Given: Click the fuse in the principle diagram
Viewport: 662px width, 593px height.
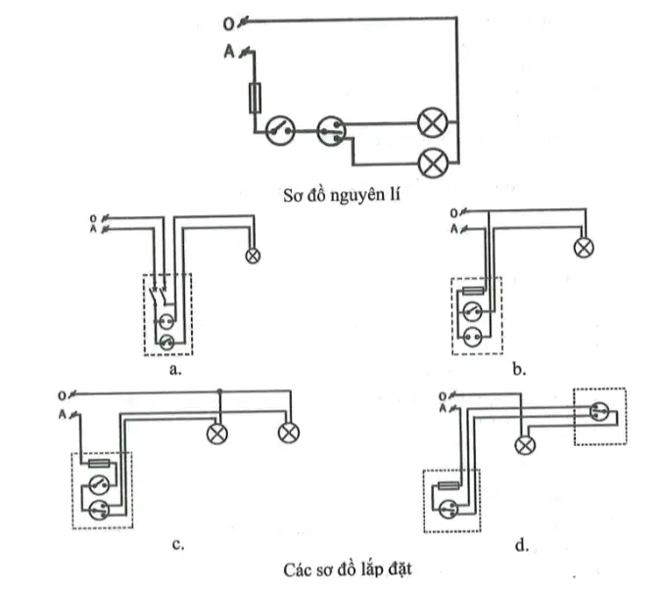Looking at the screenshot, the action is click(255, 98).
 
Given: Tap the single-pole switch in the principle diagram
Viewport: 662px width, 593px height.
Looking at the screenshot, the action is click(280, 131).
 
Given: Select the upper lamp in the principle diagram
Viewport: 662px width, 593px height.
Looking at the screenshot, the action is click(432, 122).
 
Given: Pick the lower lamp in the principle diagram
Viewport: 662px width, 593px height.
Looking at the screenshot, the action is click(433, 162).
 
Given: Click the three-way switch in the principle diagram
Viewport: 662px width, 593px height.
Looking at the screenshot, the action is click(331, 131).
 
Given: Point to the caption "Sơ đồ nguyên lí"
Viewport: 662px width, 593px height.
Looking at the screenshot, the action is click(342, 196).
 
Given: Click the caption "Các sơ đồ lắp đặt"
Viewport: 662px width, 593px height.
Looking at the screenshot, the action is click(348, 570).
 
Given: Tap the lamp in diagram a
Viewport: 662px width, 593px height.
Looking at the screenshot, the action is click(253, 255).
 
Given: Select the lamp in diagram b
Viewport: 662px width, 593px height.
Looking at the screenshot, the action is click(584, 248).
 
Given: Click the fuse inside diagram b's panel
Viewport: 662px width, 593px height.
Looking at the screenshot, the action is click(474, 291).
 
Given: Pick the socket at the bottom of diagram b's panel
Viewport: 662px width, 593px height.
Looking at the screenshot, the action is click(472, 337).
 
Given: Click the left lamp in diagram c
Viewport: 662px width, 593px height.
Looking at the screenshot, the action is click(217, 433).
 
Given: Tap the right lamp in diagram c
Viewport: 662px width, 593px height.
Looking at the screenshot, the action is click(289, 433).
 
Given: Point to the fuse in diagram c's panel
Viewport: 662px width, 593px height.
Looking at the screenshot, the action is click(100, 464).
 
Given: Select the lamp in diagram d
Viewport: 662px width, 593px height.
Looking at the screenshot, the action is click(525, 445).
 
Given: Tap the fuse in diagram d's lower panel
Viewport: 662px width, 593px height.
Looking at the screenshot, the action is click(449, 486).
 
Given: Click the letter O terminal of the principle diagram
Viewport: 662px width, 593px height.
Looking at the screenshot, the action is click(228, 24).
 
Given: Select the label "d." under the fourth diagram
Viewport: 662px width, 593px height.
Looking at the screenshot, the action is click(522, 546).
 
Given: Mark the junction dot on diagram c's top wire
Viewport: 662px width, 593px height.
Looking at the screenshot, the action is click(219, 391).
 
